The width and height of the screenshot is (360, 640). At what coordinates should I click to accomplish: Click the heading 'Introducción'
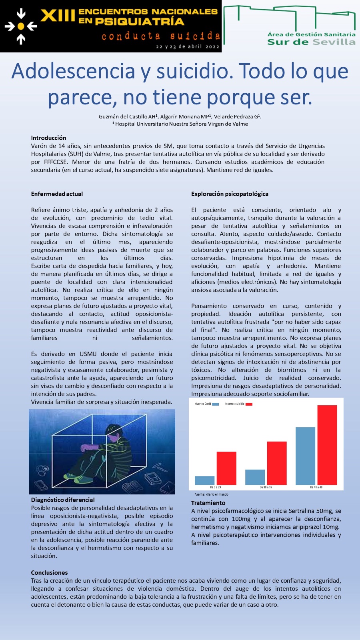48,138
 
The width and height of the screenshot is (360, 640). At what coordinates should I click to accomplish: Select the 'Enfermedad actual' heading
57,194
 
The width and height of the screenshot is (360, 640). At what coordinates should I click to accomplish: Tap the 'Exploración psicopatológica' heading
230,194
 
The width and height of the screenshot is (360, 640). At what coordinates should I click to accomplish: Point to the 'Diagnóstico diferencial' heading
63,500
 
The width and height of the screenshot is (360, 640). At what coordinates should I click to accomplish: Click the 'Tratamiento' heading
208,503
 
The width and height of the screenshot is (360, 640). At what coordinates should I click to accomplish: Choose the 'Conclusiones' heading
49,573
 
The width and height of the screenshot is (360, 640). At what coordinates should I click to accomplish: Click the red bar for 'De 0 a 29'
226,468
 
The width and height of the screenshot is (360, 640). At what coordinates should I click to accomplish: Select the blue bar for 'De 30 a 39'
255,477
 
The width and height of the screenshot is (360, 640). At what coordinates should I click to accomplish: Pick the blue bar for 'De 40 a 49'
305,456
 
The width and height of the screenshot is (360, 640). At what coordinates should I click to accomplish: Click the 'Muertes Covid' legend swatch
216,404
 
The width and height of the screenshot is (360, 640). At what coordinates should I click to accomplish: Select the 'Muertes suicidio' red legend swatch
249,404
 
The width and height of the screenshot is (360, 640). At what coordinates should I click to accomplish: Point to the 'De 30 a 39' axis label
266,487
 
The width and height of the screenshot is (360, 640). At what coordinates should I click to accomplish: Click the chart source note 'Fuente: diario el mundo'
211,494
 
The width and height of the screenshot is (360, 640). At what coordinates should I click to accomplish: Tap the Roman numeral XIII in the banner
58,16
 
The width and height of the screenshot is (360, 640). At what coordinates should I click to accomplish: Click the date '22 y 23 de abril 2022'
188,47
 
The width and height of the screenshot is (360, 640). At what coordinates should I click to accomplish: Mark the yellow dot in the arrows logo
21,26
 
